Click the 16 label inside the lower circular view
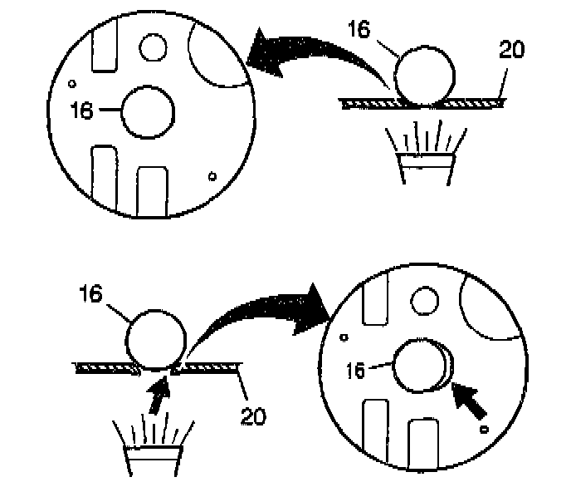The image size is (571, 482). pos(356,371)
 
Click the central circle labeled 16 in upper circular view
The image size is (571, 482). pos(148,112)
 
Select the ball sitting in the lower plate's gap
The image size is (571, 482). pos(155,338)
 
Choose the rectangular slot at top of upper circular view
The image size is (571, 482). pos(105,47)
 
